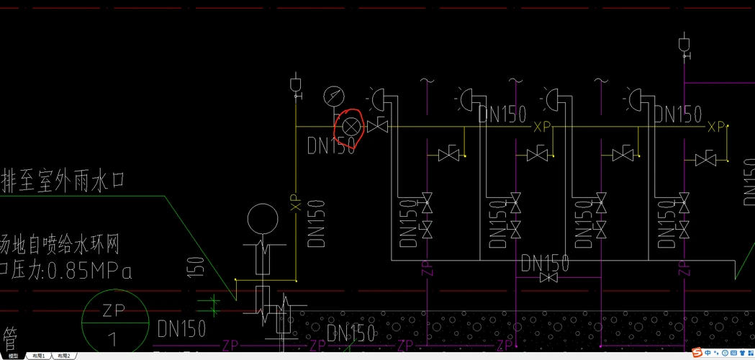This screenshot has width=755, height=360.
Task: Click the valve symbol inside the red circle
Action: (x=351, y=127)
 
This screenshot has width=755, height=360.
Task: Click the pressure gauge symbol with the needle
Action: (x=334, y=95)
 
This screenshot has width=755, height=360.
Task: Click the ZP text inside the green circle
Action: (x=114, y=310)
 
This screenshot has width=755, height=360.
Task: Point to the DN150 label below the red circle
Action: (x=332, y=145)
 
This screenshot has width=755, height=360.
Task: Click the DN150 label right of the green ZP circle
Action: (x=181, y=330)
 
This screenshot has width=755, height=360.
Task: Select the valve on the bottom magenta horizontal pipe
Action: (x=548, y=277)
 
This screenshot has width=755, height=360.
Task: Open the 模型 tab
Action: (x=13, y=356)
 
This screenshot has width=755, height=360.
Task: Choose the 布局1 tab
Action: (x=38, y=356)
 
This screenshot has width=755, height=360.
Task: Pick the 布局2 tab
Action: (x=63, y=356)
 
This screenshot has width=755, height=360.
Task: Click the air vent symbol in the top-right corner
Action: (x=684, y=45)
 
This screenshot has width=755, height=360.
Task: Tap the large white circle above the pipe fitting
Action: (x=262, y=220)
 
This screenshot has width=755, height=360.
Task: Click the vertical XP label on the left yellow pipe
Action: (x=295, y=202)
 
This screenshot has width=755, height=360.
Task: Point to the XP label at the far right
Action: (x=716, y=127)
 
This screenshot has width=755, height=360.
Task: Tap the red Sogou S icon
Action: (x=697, y=353)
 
